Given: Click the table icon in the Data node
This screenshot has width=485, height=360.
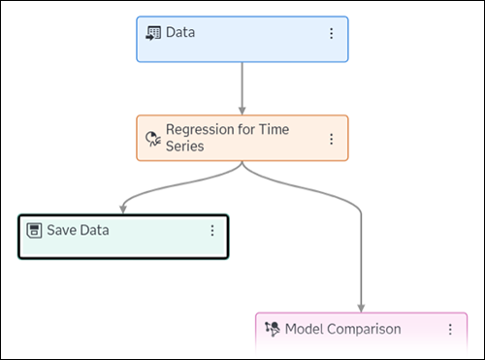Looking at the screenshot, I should pos(152,33).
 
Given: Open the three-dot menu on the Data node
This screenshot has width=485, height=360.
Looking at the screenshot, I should pos(331,33).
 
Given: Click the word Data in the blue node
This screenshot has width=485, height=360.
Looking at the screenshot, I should pos(180,33).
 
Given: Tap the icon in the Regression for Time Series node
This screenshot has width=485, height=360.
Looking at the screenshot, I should pos(152,138).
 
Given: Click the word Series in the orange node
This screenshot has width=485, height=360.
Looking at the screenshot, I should pos(186,147).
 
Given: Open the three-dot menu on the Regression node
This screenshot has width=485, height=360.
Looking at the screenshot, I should pos(331,139).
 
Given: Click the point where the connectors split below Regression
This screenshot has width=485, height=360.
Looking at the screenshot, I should pos(242,164).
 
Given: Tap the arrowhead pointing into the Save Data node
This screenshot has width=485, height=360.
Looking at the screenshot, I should pos(123,208).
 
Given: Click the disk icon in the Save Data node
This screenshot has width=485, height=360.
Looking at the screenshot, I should pos(33,231).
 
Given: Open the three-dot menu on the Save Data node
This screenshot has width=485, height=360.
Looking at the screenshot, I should pos(211,231).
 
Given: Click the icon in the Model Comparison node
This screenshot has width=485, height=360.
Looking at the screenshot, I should pos(272,329).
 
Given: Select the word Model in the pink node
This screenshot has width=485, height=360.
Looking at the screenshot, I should pos(305,329).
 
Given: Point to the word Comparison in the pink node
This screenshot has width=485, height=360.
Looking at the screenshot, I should pos(365,329).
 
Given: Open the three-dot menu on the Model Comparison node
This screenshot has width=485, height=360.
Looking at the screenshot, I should pos(450,329).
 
